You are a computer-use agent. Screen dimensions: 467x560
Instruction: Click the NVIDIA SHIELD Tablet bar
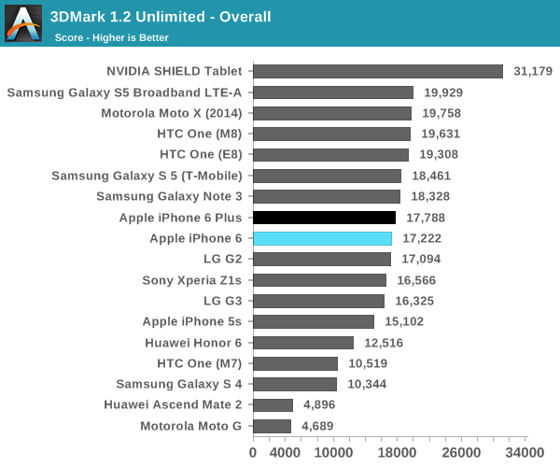point(378,71)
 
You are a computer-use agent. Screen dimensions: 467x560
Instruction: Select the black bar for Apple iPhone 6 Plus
point(324,218)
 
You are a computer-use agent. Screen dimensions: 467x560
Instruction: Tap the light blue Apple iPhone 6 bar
point(322,238)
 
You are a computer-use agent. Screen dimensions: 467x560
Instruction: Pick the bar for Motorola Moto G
point(272,426)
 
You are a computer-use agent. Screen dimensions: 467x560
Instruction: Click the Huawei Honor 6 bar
point(303,343)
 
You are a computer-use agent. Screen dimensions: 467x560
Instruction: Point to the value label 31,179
point(533,71)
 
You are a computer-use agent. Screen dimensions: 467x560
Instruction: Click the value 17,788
point(426,218)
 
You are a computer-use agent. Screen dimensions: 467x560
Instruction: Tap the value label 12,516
point(384,343)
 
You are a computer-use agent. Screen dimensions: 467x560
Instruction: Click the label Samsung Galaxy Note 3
point(169,196)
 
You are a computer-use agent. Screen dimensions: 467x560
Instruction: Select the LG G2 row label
point(222,259)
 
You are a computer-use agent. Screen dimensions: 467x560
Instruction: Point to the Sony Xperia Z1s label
point(191,280)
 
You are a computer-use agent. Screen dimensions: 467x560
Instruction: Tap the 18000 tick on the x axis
point(398,452)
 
